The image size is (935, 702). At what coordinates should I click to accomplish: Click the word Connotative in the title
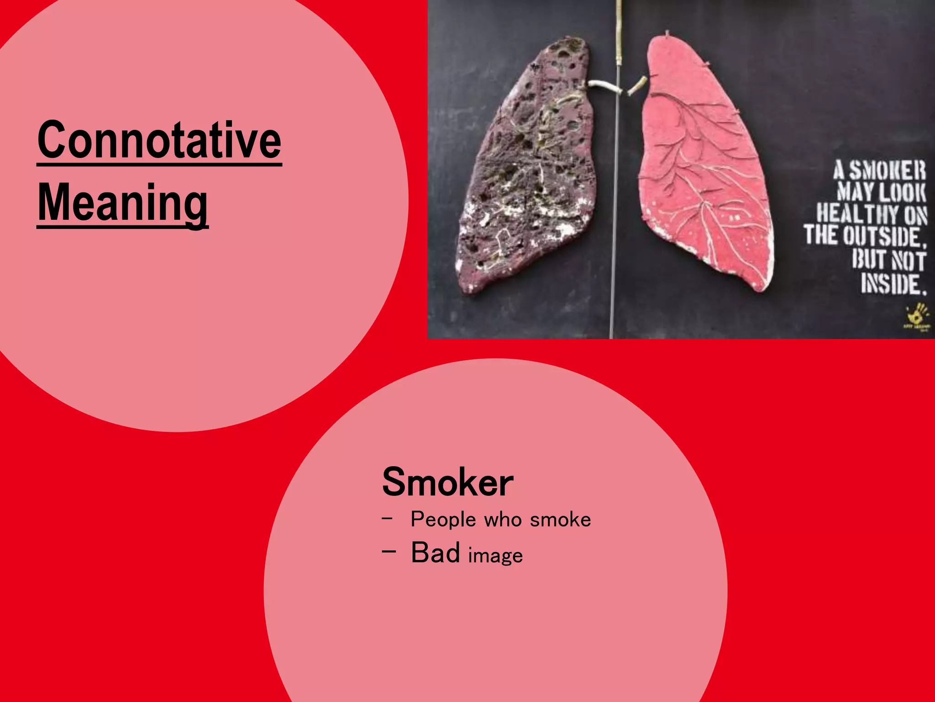(x=159, y=140)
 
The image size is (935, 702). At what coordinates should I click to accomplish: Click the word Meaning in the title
(x=122, y=202)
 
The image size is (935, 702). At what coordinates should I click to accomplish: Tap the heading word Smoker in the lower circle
(x=447, y=482)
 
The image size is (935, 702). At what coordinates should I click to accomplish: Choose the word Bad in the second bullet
(x=435, y=553)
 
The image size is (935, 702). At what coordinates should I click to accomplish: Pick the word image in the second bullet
(x=495, y=556)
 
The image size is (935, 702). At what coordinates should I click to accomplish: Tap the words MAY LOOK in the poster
(x=881, y=192)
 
